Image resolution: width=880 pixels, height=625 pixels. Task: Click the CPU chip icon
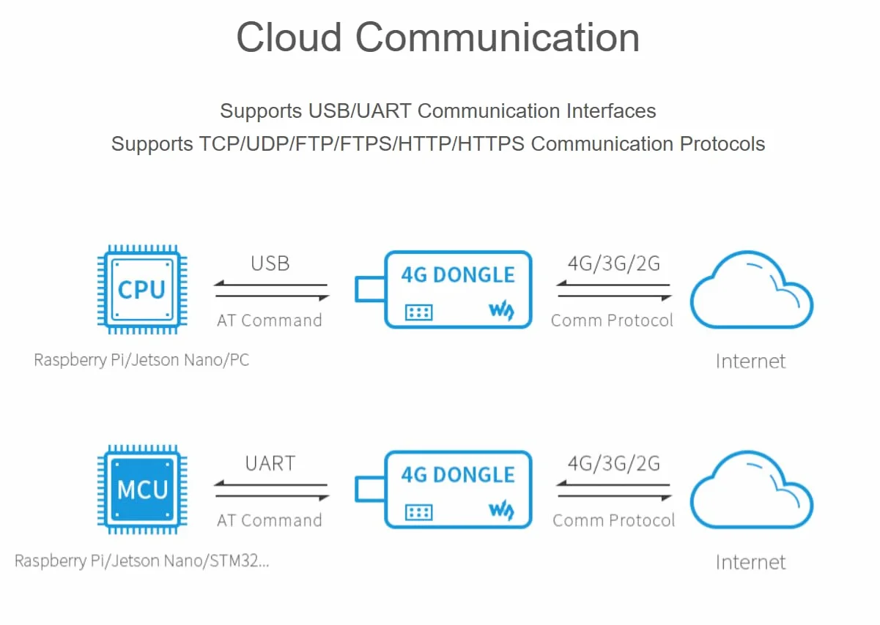142,290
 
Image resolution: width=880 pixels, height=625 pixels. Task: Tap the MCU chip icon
142,490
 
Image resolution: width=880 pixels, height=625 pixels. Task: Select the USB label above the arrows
270,263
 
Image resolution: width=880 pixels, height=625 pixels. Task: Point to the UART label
270,463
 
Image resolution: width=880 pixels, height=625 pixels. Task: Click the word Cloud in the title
289,37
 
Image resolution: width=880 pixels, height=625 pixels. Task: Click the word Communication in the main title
498,37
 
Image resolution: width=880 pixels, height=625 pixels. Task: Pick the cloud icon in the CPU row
752,290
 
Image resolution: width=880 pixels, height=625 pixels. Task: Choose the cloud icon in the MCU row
752,490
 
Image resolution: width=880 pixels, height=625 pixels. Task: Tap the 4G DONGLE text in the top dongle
458,274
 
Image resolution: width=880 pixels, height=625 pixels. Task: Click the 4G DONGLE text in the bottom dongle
458,475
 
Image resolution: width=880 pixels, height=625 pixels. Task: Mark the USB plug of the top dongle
370,289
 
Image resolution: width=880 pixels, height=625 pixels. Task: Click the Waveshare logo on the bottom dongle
502,510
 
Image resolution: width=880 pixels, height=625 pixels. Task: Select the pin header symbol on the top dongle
419,312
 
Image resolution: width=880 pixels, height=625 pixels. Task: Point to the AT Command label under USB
270,321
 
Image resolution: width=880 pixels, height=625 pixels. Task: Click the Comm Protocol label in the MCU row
613,520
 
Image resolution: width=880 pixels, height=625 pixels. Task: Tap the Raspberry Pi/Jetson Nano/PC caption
141,360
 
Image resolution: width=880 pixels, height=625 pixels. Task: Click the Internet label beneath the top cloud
751,361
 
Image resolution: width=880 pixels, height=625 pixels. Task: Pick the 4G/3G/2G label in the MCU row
614,463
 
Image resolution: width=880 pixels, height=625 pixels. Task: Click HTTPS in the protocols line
491,143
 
